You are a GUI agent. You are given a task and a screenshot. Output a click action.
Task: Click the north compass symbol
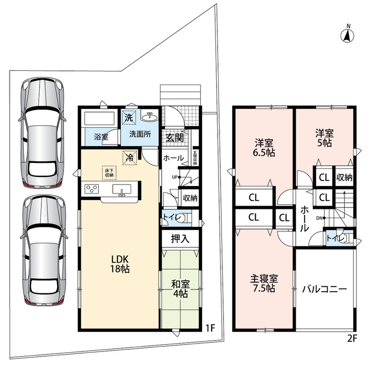pyautogui.click(x=347, y=34)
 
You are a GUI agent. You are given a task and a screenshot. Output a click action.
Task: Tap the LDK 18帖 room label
pyautogui.click(x=120, y=264)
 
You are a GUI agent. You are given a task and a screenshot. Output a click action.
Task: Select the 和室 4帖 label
pyautogui.click(x=180, y=289)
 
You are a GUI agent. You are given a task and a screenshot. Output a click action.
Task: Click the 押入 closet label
pyautogui.click(x=180, y=239)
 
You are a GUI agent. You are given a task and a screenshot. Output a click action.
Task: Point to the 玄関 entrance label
pyautogui.click(x=175, y=138)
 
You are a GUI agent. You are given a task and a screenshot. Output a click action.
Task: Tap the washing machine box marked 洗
pyautogui.click(x=129, y=117)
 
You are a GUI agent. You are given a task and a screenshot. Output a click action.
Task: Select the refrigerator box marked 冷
pyautogui.click(x=130, y=158)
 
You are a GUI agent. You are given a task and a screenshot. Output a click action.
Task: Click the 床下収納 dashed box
pyautogui.click(x=109, y=172)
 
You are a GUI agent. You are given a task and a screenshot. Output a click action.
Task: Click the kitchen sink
pyautogui.click(x=121, y=190)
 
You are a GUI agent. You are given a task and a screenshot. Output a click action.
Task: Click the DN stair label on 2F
pyautogui.click(x=319, y=218)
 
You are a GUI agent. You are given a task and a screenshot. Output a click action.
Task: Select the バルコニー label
pyautogui.click(x=324, y=289)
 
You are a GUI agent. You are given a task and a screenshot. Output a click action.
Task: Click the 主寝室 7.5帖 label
pyautogui.click(x=264, y=283)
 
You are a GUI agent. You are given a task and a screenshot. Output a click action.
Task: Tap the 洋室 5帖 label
pyautogui.click(x=324, y=138)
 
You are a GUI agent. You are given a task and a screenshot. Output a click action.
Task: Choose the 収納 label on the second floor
pyautogui.click(x=344, y=178)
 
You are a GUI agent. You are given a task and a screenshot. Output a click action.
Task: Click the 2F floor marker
pyautogui.click(x=352, y=338)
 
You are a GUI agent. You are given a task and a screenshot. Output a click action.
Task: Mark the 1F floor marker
pyautogui.click(x=210, y=328)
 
